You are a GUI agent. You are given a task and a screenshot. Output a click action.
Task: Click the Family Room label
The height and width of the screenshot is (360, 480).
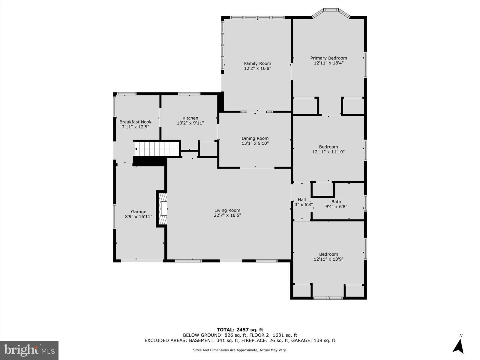pos(257,63)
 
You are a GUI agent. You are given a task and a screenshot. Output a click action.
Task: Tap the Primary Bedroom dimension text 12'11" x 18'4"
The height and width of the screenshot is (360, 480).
pos(328,63)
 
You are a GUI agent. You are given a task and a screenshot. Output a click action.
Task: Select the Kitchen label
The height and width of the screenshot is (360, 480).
pos(190,118)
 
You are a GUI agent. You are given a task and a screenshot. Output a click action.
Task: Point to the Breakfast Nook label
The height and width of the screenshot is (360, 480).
pos(135,122)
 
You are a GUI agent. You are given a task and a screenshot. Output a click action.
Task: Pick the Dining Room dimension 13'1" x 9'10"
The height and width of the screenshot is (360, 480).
pos(255,143)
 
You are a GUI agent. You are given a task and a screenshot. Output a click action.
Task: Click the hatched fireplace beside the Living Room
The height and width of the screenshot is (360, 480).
pos(162,209)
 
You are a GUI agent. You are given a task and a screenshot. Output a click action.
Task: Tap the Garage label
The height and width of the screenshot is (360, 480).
pos(139,211)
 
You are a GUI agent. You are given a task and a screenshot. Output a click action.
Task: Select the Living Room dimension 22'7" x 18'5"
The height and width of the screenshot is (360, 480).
pos(227,215)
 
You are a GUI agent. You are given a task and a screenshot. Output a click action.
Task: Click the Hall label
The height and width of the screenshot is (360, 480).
pos(302,199)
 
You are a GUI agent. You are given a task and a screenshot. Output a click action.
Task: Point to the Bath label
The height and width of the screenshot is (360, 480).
pos(336,202)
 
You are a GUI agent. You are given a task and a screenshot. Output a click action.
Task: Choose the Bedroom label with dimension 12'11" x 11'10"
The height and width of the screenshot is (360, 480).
pos(328,147)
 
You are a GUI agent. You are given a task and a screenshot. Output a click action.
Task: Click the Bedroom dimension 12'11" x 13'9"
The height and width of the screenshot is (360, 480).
pos(328,259)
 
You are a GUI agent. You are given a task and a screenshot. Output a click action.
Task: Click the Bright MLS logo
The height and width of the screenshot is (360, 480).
pos(29,350)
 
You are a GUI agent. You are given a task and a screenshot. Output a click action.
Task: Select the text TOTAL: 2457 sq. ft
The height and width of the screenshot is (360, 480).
pos(240,330)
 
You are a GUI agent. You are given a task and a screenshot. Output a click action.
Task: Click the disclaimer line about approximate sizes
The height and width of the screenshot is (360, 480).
pos(240,350)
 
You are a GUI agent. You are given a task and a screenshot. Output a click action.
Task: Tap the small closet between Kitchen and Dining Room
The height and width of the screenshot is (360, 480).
pos(208,149)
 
